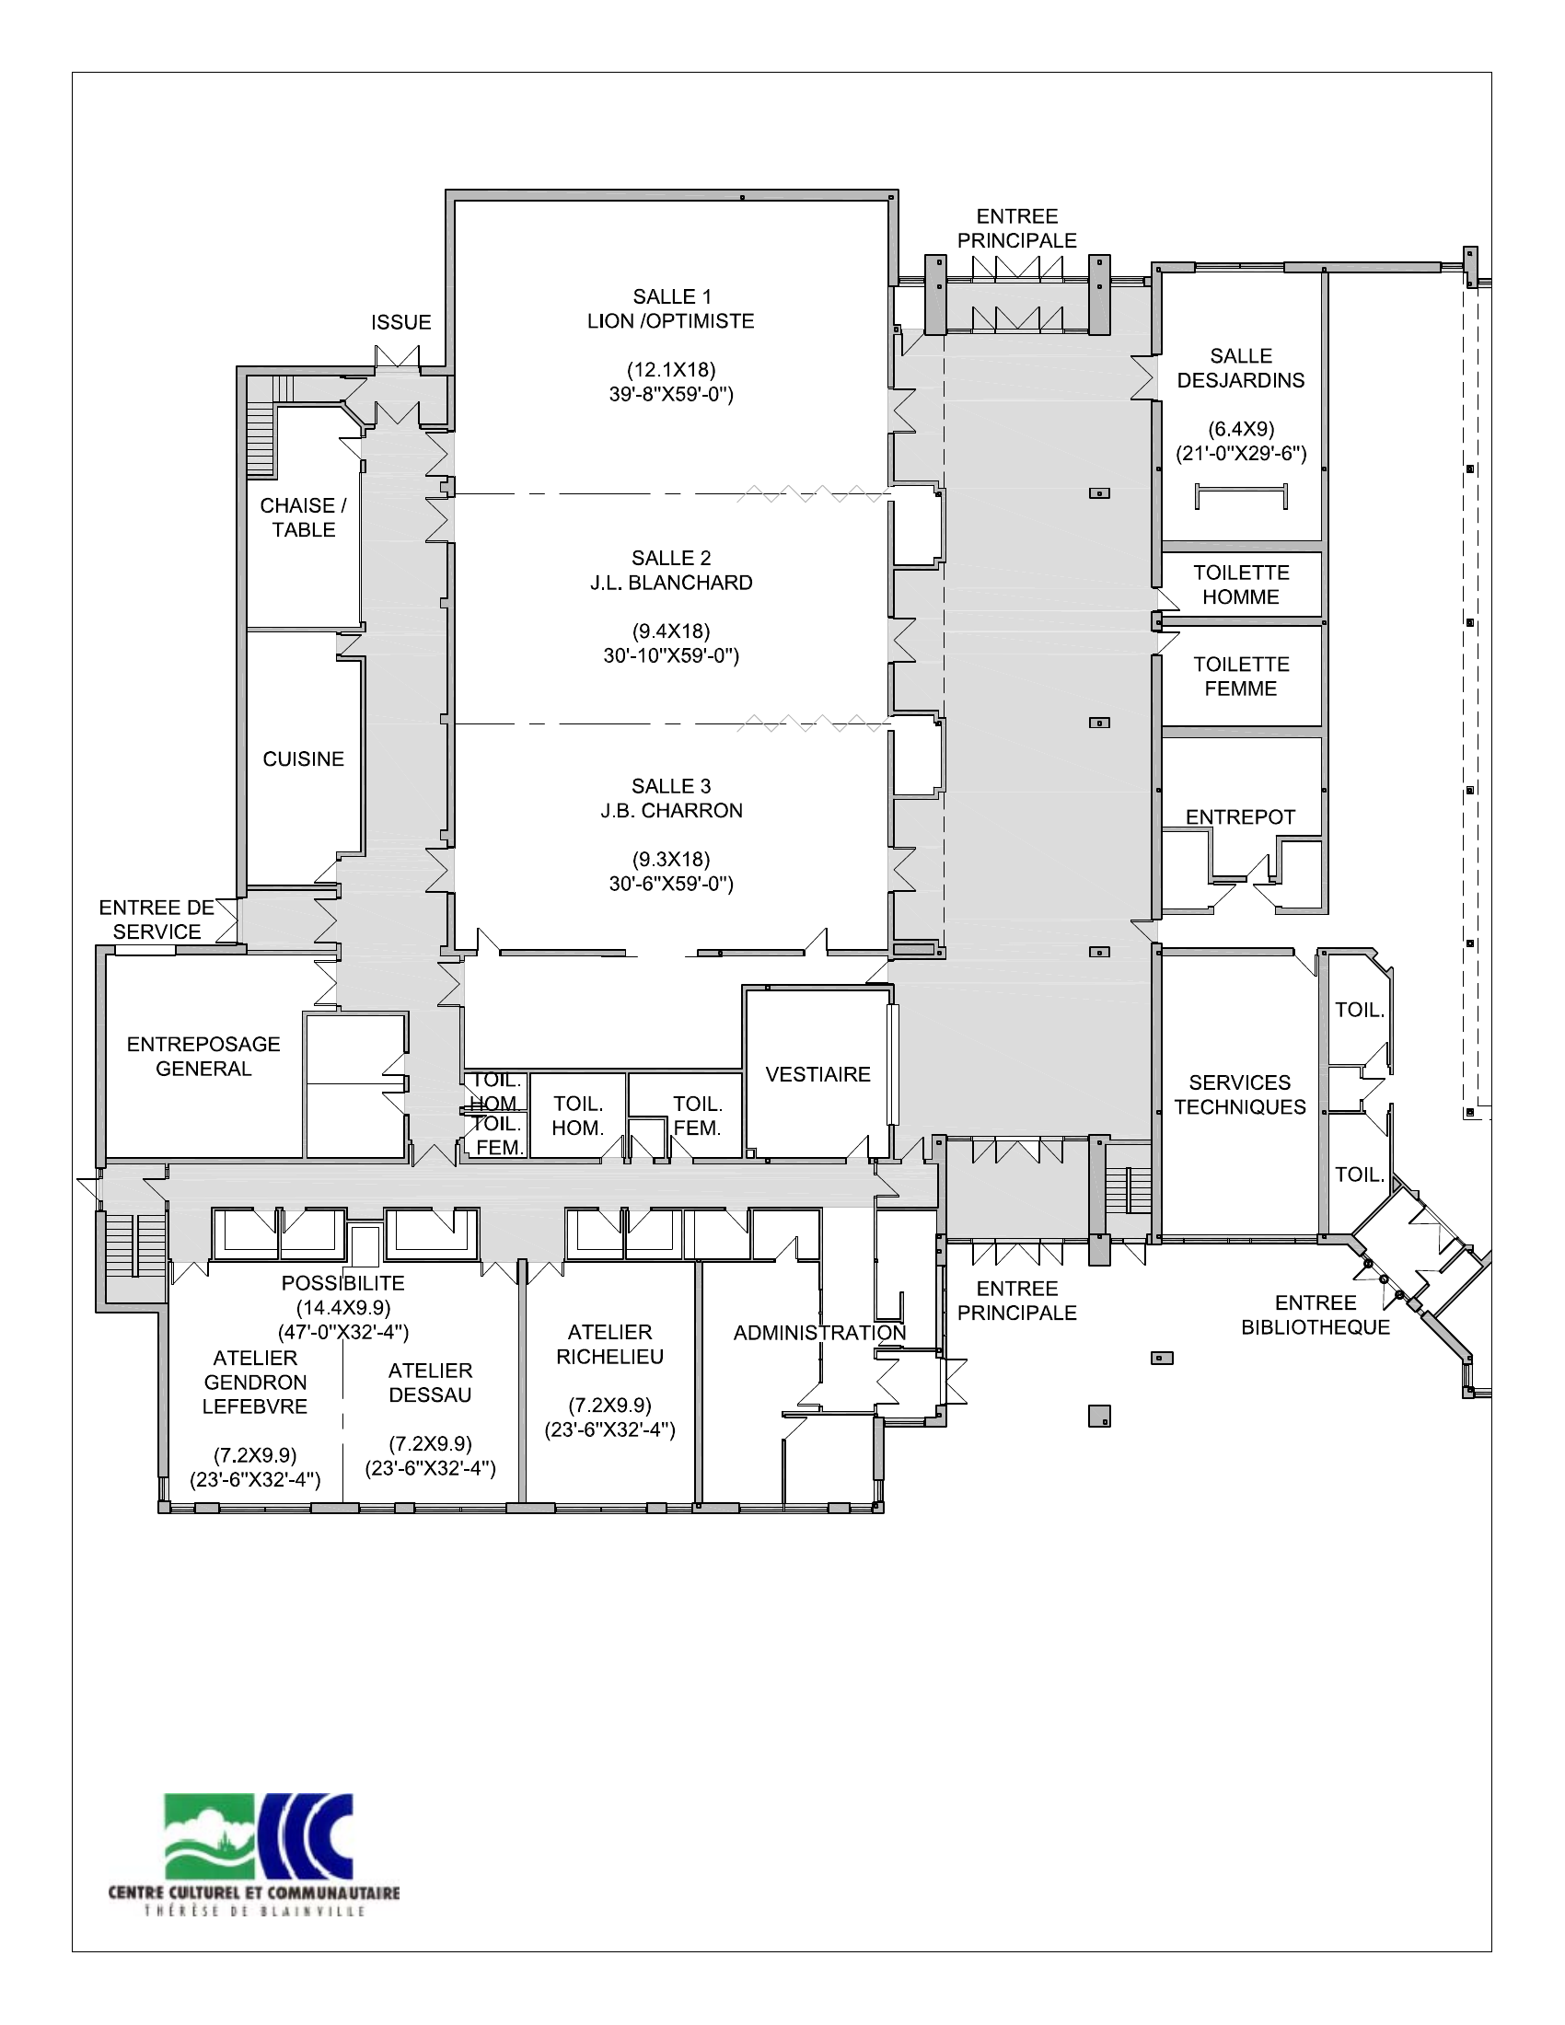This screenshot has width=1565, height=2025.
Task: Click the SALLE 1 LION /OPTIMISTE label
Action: (671, 308)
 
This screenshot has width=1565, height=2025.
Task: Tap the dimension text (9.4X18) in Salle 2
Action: (671, 631)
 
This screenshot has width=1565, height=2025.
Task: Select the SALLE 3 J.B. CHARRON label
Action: (671, 798)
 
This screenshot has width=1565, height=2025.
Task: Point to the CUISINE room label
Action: (303, 758)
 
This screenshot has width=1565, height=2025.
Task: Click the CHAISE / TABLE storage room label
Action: (303, 517)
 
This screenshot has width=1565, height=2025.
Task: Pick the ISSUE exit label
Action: (401, 322)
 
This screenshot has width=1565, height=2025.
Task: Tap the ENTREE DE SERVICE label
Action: (156, 919)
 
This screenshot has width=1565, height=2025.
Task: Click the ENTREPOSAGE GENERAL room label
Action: (203, 1056)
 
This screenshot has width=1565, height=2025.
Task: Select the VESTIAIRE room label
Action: (817, 1073)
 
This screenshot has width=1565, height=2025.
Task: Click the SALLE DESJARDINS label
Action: (1241, 368)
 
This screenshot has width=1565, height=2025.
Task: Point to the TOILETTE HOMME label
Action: (1241, 585)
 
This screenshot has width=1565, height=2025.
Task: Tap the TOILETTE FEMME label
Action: (1241, 676)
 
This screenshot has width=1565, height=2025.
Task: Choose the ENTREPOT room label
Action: (1241, 816)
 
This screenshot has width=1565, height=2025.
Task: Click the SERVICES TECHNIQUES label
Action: (1240, 1094)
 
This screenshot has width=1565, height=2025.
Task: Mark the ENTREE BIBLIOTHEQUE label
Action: (1316, 1314)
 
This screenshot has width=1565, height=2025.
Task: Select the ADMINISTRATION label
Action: (819, 1333)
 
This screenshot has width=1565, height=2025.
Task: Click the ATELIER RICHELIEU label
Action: (610, 1344)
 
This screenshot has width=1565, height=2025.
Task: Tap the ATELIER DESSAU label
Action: (430, 1383)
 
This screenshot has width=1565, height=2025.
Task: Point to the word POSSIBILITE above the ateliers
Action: (343, 1283)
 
